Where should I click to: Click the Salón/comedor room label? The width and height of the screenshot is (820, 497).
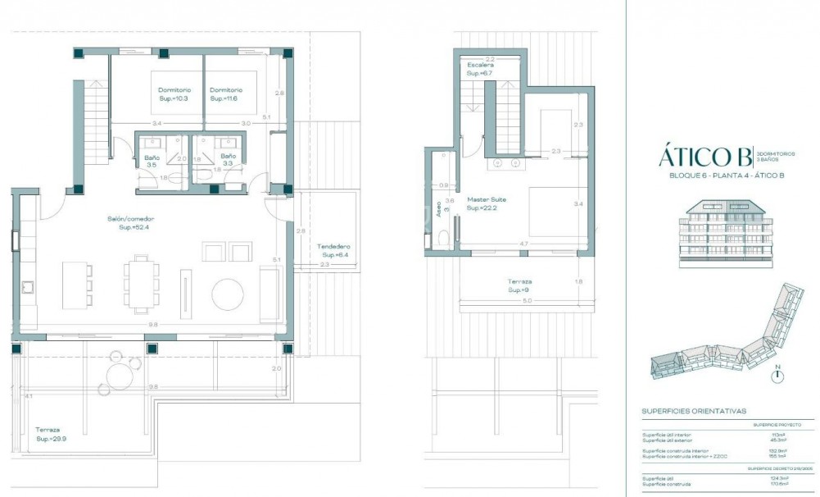coord(131,222)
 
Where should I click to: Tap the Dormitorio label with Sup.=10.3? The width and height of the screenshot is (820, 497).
coord(174,93)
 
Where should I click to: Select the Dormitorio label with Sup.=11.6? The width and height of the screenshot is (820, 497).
coord(224,93)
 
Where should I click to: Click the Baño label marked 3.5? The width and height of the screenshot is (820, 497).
coord(151,160)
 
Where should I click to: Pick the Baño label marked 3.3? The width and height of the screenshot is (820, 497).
coord(228,160)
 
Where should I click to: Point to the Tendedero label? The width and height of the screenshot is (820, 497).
coord(333,250)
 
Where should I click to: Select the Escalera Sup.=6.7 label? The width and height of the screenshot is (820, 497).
coord(479,69)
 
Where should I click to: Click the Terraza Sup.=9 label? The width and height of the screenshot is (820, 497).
coord(519,285)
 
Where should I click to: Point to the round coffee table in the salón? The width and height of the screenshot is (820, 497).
coord(228,294)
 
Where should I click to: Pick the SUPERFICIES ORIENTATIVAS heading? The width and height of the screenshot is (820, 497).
coord(694,411)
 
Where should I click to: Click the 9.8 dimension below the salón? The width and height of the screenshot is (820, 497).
coord(152,325)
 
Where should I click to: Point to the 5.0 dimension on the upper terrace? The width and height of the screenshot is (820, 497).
coord(527,300)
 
